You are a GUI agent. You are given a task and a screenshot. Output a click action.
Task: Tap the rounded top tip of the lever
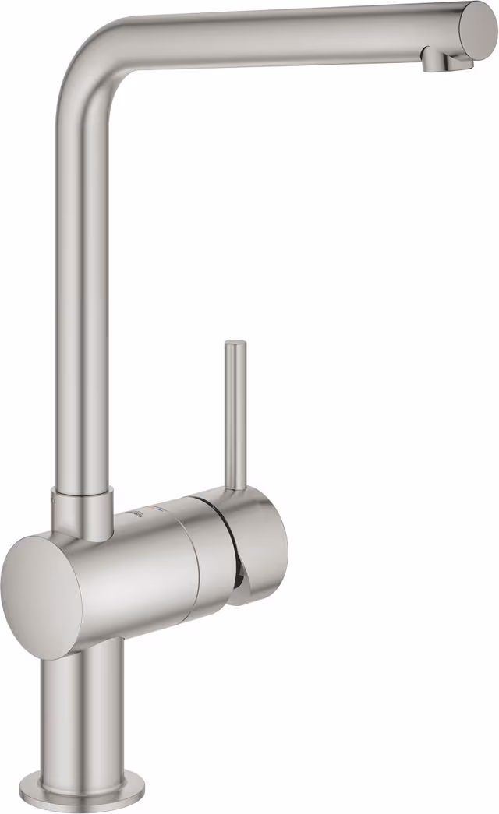pyautogui.click(x=234, y=344)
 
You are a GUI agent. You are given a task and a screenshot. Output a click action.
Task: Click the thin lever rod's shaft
pyautogui.click(x=234, y=413)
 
